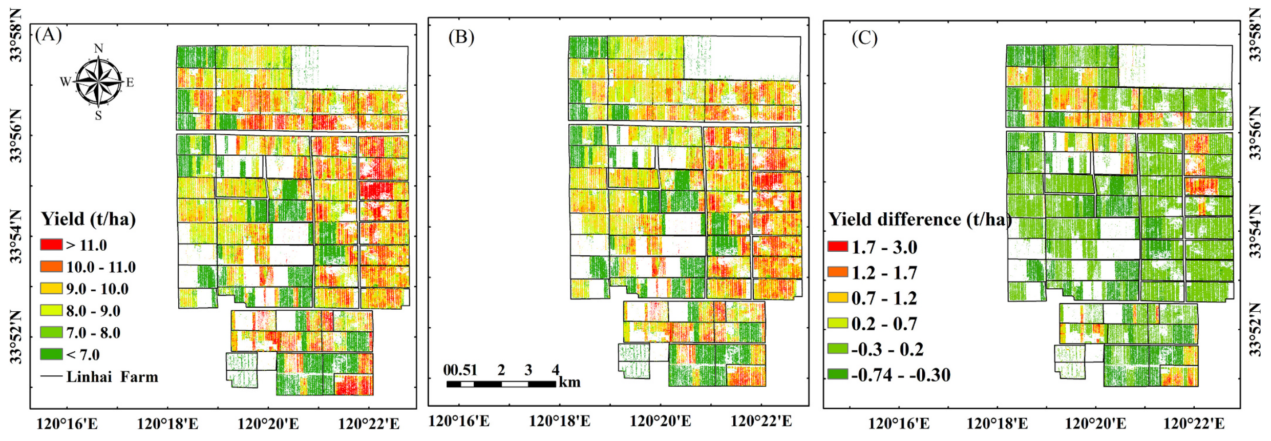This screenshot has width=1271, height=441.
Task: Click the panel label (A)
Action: click(49, 35)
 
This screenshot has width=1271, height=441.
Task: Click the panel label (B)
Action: click(461, 37)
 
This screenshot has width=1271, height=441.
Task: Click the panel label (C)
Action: click(864, 38)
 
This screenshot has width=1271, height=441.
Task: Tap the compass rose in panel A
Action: click(98, 82)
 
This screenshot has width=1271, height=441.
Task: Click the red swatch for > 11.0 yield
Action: click(51, 245)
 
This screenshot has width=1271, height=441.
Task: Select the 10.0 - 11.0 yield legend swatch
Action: click(51, 267)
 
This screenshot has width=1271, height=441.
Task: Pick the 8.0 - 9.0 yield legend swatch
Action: click(51, 310)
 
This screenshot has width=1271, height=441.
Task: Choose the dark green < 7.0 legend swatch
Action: click(51, 354)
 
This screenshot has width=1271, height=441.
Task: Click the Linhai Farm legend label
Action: click(112, 377)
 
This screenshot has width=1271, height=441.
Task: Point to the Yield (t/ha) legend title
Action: click(88, 219)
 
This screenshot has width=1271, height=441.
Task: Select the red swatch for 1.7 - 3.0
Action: click(838, 247)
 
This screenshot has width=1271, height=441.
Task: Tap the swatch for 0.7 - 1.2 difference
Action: click(838, 297)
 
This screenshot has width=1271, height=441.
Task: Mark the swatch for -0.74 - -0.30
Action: click(838, 374)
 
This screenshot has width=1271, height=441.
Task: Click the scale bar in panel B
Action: click(501, 384)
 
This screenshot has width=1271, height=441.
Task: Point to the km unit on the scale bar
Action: click(569, 383)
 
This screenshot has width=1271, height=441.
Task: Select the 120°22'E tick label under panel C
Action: click(1194, 424)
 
